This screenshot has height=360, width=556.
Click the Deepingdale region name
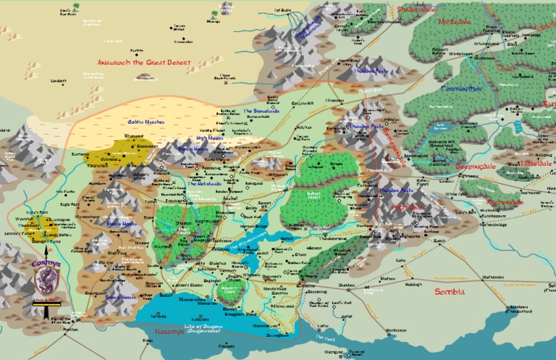pos(455,164)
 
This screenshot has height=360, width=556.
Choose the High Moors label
pos(209,137)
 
